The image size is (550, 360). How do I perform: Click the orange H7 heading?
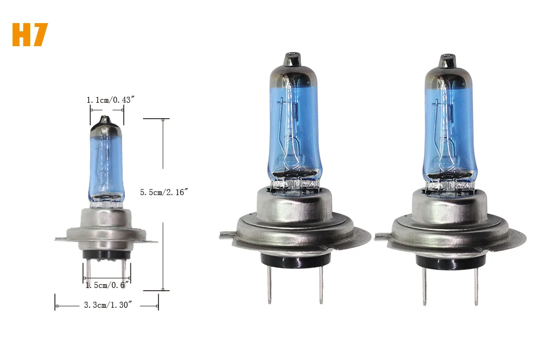coord(30,35)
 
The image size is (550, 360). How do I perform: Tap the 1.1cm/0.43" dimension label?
coord(111,100)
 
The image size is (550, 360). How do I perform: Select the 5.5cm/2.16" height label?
coord(164,192)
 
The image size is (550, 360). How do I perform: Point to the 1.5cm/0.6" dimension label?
coord(107,285)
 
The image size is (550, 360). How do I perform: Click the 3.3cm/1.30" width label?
coord(108,305)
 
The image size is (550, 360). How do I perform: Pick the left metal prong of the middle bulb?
coord(269,284)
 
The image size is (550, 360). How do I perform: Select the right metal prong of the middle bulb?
coord(321,284)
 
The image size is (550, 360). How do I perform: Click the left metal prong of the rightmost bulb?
coord(424,285)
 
